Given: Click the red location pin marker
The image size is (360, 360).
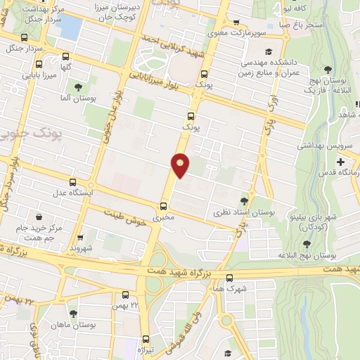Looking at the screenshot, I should [181, 164].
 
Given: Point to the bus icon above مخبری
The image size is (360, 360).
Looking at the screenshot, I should [163, 205].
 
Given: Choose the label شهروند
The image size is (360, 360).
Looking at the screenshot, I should [82, 248].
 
